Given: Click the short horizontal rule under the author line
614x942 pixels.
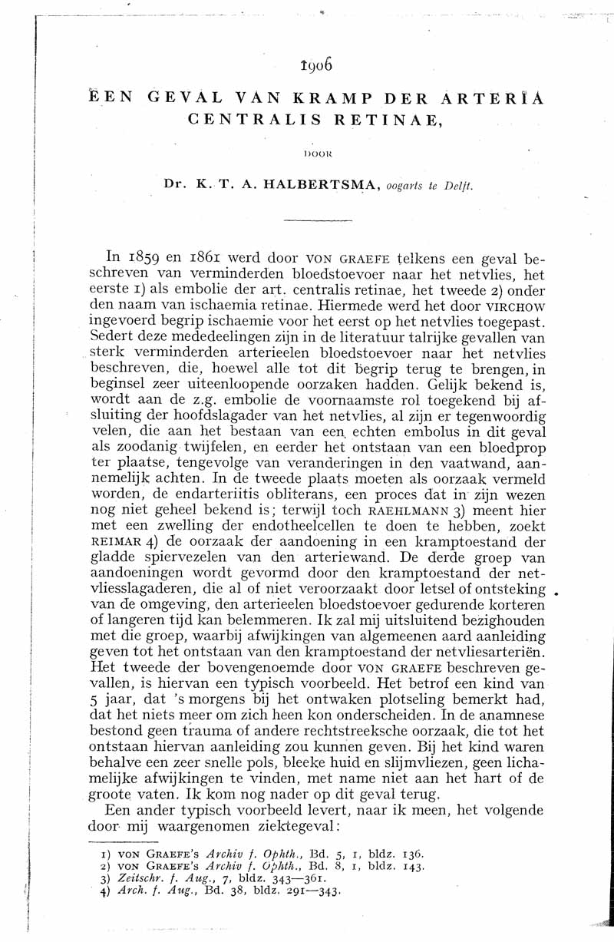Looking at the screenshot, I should (x=314, y=221).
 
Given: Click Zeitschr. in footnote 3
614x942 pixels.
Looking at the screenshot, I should (x=129, y=879).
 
